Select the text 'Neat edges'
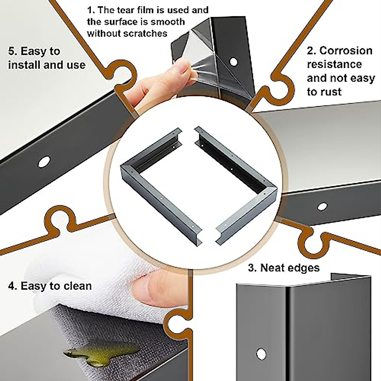pyautogui.click(x=290, y=268)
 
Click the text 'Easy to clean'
pyautogui.click(x=56, y=286)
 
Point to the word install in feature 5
pyautogui.click(x=22, y=65)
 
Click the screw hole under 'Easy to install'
pyautogui.click(x=44, y=162)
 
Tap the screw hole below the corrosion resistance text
pyautogui.click(x=322, y=206)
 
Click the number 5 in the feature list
pyautogui.click(x=12, y=51)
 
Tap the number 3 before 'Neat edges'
pyautogui.click(x=252, y=268)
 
